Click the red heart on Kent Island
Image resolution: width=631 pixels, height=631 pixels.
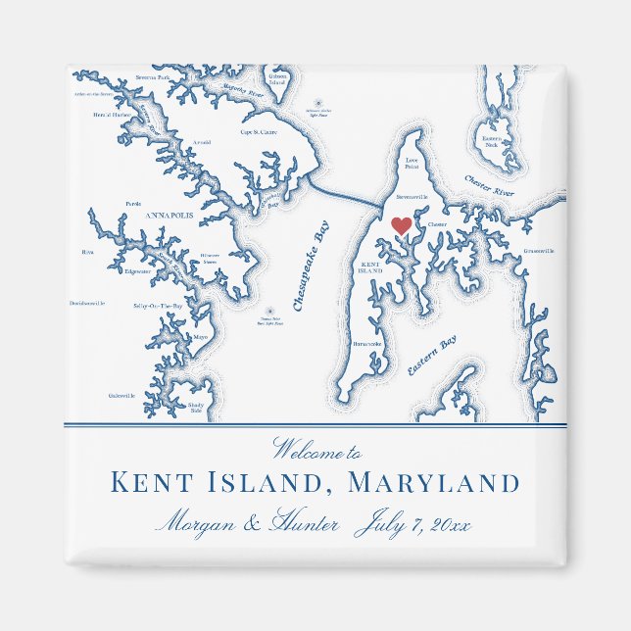coord(401,225)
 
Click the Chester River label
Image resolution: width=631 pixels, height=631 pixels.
coord(489,186)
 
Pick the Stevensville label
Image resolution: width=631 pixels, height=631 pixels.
coord(413,197)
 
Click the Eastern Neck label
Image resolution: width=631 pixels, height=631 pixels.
coord(492,141)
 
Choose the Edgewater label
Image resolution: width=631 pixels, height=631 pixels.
coord(137,271)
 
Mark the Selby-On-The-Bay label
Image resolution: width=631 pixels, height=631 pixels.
coord(158,307)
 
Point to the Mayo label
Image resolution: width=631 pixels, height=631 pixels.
coord(201,337)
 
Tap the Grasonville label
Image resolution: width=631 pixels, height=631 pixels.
coord(538,251)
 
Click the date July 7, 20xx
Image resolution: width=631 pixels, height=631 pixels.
coord(413,524)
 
